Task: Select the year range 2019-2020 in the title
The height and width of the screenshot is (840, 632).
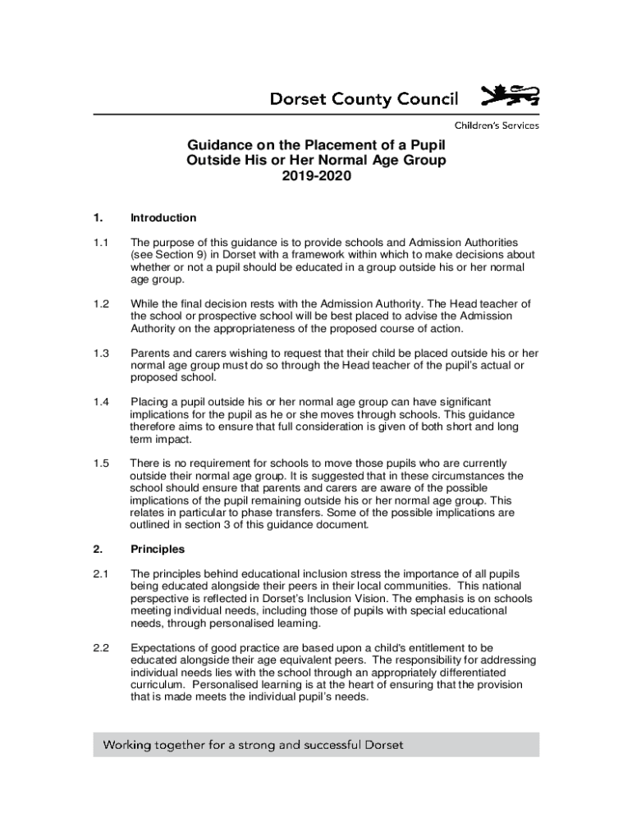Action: (x=316, y=176)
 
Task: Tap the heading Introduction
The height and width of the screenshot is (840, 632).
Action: (x=163, y=217)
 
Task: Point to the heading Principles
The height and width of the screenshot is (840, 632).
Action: (x=158, y=549)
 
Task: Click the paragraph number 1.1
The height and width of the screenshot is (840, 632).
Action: (x=101, y=243)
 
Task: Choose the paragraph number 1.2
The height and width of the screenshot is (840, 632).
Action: (x=101, y=304)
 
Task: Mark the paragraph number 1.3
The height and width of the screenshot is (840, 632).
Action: (x=101, y=354)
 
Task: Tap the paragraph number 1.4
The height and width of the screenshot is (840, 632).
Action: (x=101, y=402)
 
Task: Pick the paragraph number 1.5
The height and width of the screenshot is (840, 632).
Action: (x=101, y=463)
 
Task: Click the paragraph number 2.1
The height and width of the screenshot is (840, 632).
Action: (x=101, y=573)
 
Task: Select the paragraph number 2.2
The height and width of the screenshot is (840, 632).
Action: (x=101, y=648)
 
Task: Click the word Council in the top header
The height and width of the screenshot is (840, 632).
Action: (x=422, y=100)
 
